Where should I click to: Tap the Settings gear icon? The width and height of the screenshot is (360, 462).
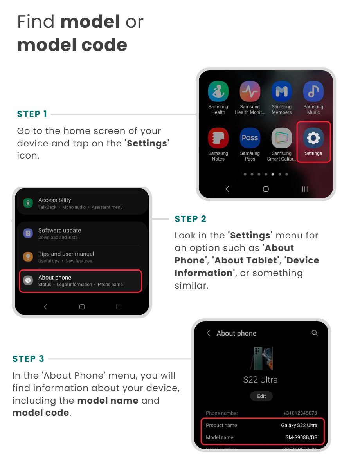(313, 137)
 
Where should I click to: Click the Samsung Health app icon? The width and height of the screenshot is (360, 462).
(218, 91)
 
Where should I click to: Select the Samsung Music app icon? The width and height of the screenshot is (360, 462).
(313, 91)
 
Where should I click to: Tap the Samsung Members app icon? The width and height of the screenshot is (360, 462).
(282, 91)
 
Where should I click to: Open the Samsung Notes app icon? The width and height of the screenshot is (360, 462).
(218, 137)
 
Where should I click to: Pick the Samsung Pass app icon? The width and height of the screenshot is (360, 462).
(250, 137)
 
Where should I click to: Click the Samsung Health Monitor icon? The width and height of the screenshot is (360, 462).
(250, 91)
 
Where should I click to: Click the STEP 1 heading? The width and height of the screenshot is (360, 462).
(32, 114)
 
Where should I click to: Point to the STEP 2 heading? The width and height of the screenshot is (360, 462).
(191, 219)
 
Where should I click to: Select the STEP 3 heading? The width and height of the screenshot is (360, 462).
(28, 359)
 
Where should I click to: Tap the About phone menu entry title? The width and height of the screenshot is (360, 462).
(55, 277)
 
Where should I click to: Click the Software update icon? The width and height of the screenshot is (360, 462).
(28, 233)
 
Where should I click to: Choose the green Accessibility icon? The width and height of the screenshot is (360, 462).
(28, 203)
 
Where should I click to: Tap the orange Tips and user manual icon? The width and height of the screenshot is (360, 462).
(28, 256)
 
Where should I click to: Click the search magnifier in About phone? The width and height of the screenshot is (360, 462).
(315, 333)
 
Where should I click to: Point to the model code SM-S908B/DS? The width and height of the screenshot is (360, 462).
(301, 437)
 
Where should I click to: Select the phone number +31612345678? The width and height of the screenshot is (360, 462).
(300, 413)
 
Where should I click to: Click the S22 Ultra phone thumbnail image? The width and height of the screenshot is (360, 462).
(262, 358)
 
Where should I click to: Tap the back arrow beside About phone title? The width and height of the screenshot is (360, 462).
(209, 333)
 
